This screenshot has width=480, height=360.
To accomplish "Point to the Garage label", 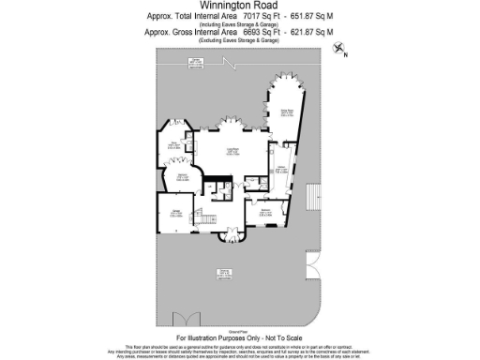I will click(x=176, y=208).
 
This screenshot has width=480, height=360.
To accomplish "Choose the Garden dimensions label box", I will click(x=195, y=63).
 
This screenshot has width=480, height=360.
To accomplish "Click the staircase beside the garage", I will click(x=201, y=214).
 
